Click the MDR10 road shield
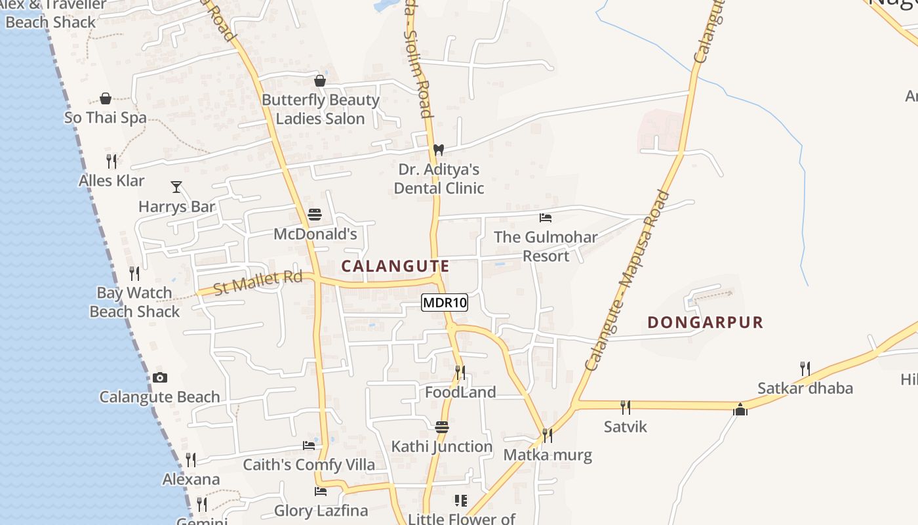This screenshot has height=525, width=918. [x=444, y=303]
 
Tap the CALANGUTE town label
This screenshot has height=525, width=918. [x=395, y=266]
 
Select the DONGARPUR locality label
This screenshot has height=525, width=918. [x=706, y=322]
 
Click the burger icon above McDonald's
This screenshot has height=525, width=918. [x=315, y=214]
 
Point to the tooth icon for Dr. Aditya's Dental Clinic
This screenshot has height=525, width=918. [x=439, y=150]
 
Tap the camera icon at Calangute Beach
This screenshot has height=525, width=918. [x=159, y=377]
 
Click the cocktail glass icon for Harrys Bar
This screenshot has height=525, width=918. [x=176, y=187]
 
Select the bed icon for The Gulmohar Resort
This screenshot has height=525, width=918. [x=546, y=217]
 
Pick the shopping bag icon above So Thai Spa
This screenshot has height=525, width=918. [x=106, y=98]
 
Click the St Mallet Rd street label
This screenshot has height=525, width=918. [x=258, y=283]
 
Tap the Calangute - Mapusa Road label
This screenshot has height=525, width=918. [x=628, y=280]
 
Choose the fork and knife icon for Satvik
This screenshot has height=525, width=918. [x=626, y=407]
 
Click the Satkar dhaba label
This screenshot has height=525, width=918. [x=805, y=388]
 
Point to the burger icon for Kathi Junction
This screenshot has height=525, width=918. [x=442, y=427]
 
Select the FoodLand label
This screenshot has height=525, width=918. [x=460, y=392]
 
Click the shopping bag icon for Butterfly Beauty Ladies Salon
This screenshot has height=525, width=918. [x=320, y=81]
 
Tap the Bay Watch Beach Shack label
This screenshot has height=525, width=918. [x=134, y=302]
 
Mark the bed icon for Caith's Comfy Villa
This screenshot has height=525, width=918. [x=309, y=446]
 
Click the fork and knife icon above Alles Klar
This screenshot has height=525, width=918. [x=111, y=161]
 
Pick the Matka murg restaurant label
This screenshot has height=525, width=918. [x=548, y=455]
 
